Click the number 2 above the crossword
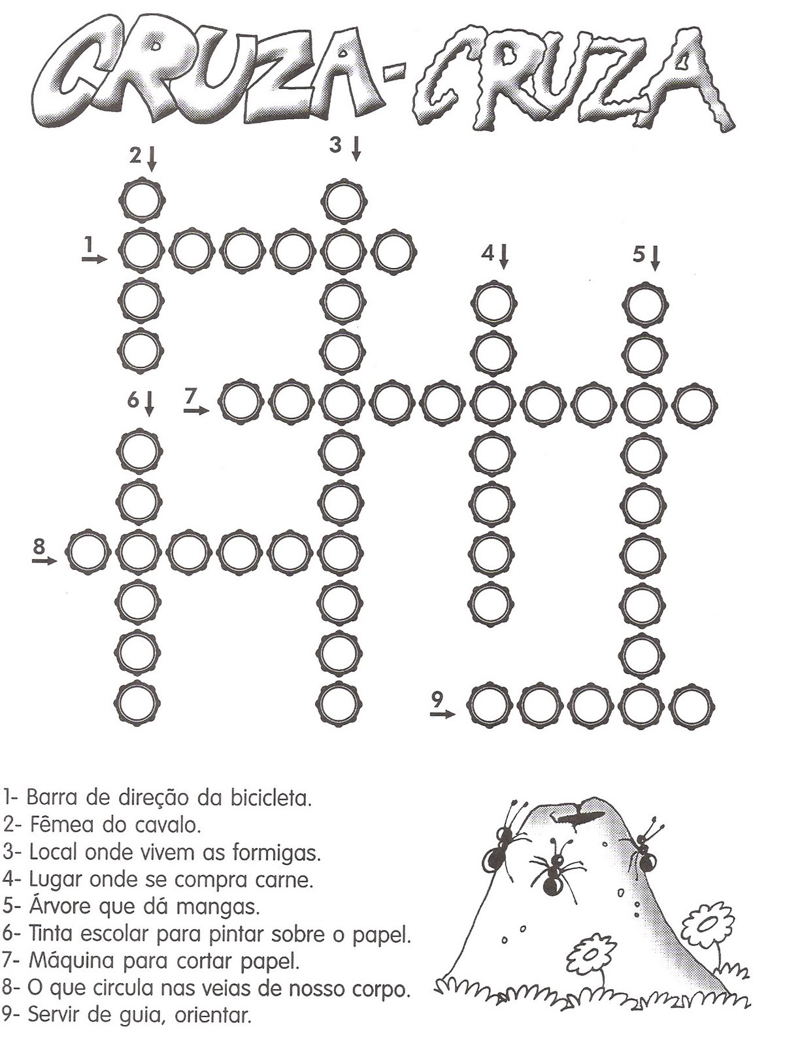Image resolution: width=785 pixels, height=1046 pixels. (x=135, y=156)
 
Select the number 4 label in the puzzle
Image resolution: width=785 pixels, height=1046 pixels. (x=488, y=254)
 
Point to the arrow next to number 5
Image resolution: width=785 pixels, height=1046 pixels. (x=656, y=258)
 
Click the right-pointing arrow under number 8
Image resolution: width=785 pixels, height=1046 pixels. (x=44, y=561)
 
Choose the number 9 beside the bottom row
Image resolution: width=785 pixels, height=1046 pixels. (x=437, y=698)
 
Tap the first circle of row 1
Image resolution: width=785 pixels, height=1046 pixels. (x=141, y=251)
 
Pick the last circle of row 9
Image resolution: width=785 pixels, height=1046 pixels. (x=692, y=704)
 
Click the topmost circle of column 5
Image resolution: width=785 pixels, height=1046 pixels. (x=646, y=303)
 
